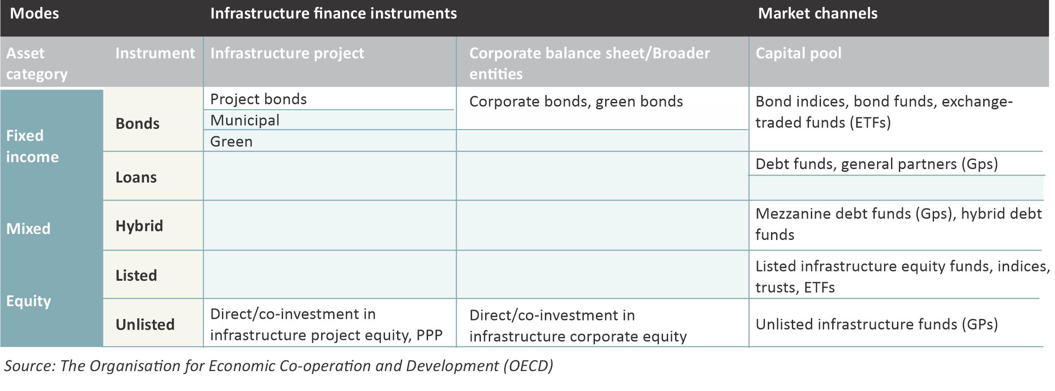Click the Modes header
click(34, 13)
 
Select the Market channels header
click(818, 13)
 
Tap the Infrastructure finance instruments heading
click(334, 13)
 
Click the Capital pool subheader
click(799, 53)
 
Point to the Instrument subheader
click(155, 53)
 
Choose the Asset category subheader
click(37, 63)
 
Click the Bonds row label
click(138, 124)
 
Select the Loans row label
click(136, 177)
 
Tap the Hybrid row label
click(139, 226)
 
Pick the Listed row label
click(136, 276)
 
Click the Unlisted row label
click(145, 325)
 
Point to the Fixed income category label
click(32, 146)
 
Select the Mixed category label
click(28, 229)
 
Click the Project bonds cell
click(259, 99)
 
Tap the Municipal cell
click(245, 120)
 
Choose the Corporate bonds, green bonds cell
click(576, 101)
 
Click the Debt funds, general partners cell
click(877, 164)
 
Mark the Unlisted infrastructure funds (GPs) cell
click(877, 324)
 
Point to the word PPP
click(429, 335)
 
